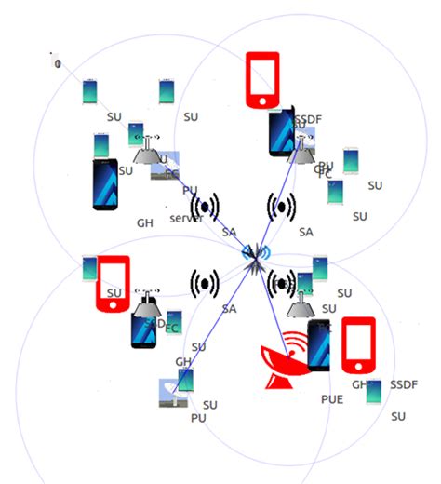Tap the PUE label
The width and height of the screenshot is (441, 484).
tap(332, 398)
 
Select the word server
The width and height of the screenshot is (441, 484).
tap(186, 218)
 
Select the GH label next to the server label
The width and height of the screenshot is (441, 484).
tap(145, 223)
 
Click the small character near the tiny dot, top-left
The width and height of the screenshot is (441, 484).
tap(58, 63)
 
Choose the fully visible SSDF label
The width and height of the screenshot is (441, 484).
tap(405, 384)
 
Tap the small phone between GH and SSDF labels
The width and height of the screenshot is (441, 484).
tap(373, 392)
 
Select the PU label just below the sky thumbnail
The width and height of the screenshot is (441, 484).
tap(198, 419)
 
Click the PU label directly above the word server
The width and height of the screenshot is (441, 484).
tap(189, 190)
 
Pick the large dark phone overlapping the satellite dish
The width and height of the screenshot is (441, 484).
tap(319, 346)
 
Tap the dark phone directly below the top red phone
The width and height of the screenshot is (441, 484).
tap(281, 131)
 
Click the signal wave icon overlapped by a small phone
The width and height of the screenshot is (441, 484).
tap(280, 281)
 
